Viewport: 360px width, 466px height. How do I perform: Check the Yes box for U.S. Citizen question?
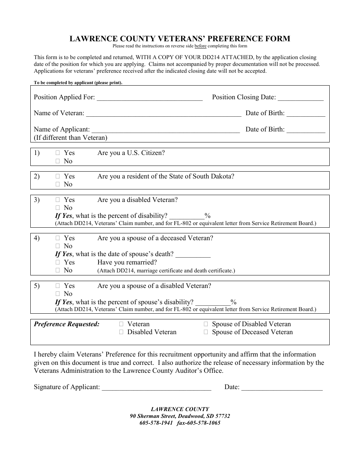click(58, 153)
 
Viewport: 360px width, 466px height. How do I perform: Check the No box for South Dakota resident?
click(58, 185)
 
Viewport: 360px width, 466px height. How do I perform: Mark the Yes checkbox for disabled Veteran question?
click(58, 200)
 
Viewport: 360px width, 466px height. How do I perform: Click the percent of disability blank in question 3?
click(186, 217)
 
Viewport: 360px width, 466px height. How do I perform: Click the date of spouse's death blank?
click(193, 255)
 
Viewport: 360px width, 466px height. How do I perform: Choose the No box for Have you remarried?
click(58, 271)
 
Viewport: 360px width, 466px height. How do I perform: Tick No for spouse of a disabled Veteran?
click(58, 294)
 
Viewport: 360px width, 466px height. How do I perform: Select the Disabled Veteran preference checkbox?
click(121, 332)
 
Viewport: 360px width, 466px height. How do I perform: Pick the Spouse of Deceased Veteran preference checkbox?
click(206, 332)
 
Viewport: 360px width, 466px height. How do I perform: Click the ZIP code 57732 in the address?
click(222, 416)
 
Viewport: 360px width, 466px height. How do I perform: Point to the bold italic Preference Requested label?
click(67, 324)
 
